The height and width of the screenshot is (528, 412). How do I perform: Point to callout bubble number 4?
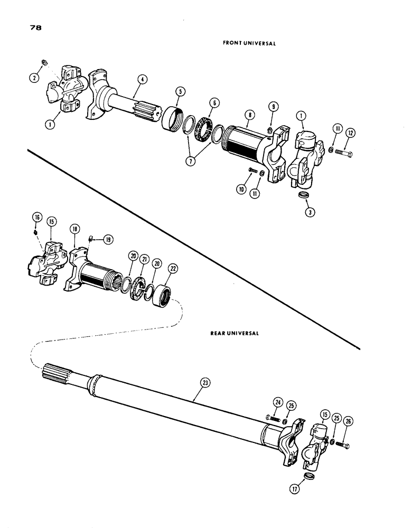(141, 80)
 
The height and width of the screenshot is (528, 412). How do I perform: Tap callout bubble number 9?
(273, 106)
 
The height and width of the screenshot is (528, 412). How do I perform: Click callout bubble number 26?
(347, 421)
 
